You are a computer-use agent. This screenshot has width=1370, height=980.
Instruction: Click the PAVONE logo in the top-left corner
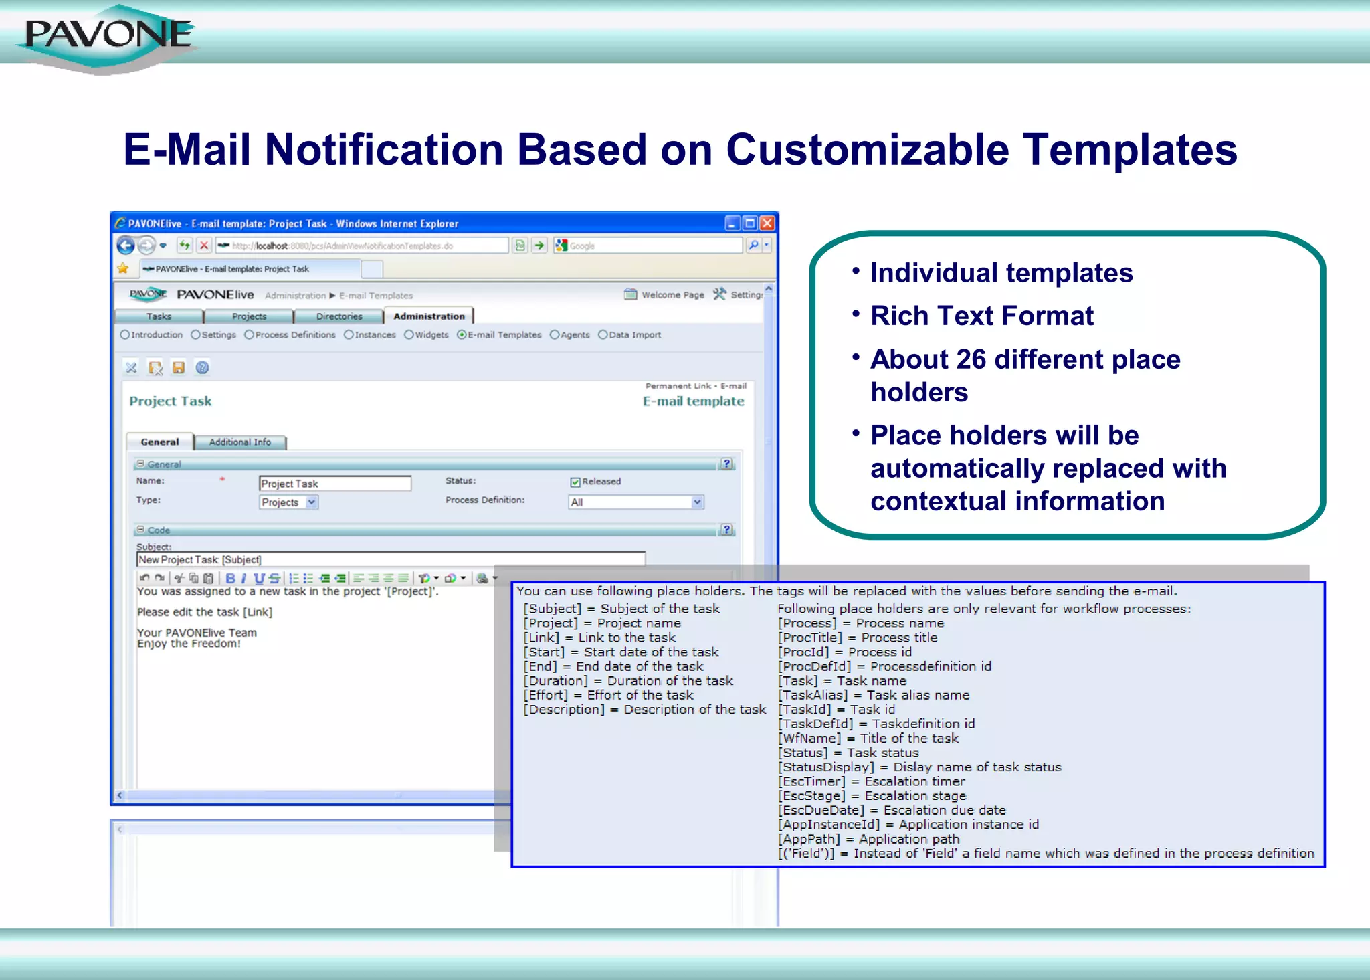click(107, 37)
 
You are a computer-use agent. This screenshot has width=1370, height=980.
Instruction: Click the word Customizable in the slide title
click(867, 150)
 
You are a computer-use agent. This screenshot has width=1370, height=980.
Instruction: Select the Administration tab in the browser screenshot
click(429, 316)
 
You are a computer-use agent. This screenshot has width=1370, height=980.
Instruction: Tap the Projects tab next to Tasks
click(249, 316)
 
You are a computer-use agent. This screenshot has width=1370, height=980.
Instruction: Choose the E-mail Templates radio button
click(462, 335)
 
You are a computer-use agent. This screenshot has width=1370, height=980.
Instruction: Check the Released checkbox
click(575, 482)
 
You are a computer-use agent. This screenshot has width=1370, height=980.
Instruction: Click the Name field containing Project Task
click(334, 484)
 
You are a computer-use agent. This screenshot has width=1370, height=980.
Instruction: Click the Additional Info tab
click(239, 442)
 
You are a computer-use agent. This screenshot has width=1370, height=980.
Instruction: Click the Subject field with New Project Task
click(391, 560)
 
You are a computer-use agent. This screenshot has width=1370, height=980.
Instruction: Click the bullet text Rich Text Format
click(981, 316)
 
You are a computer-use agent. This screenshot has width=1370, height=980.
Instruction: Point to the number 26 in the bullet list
click(971, 360)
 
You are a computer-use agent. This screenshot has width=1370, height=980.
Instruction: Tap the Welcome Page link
click(672, 295)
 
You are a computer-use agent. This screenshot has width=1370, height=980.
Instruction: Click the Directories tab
click(339, 316)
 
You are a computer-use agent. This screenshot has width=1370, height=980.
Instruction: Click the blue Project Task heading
click(171, 401)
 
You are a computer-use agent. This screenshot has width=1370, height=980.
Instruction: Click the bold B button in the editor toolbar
click(230, 579)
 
